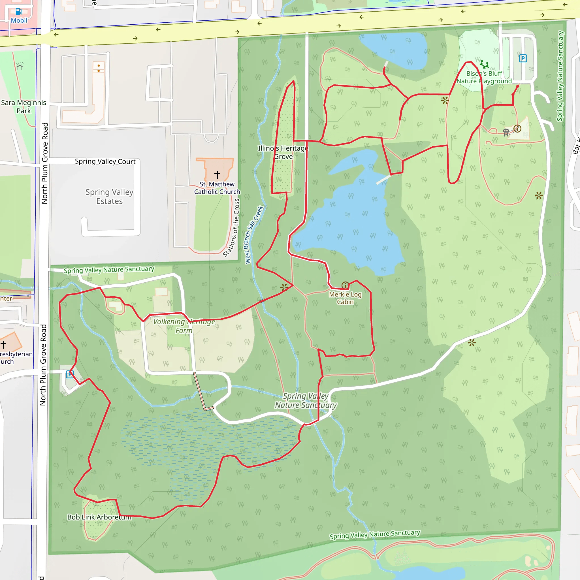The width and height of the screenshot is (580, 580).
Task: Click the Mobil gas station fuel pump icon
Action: [x=19, y=12]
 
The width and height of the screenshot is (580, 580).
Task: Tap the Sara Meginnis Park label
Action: [x=24, y=106]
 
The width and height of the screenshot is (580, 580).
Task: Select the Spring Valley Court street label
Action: [x=105, y=161]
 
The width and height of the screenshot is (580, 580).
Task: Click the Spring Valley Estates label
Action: [x=109, y=196]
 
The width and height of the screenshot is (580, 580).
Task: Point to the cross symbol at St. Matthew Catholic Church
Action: [x=217, y=174]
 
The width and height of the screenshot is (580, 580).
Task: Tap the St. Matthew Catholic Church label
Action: [x=217, y=188]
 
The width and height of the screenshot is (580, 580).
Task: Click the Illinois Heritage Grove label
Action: [x=283, y=152]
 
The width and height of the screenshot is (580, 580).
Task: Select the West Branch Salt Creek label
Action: [x=254, y=235]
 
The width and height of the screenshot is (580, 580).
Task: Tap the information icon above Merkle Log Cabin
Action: [x=345, y=285]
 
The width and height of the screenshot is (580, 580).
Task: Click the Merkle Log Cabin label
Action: [x=345, y=298]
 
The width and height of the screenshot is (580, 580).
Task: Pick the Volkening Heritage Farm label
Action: [x=184, y=326]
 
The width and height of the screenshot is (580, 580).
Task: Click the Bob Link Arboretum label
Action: [x=99, y=517]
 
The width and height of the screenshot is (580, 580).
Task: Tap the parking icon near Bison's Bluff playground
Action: [x=523, y=58]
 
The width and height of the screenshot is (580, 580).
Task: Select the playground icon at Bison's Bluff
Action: [x=484, y=64]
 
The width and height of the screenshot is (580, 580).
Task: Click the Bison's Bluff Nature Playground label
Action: [x=484, y=77]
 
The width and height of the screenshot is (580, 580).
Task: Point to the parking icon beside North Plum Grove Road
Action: [x=70, y=374]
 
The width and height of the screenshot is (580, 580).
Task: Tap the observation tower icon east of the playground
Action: [x=506, y=132]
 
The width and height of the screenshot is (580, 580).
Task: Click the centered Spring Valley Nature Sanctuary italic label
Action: [x=306, y=400]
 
